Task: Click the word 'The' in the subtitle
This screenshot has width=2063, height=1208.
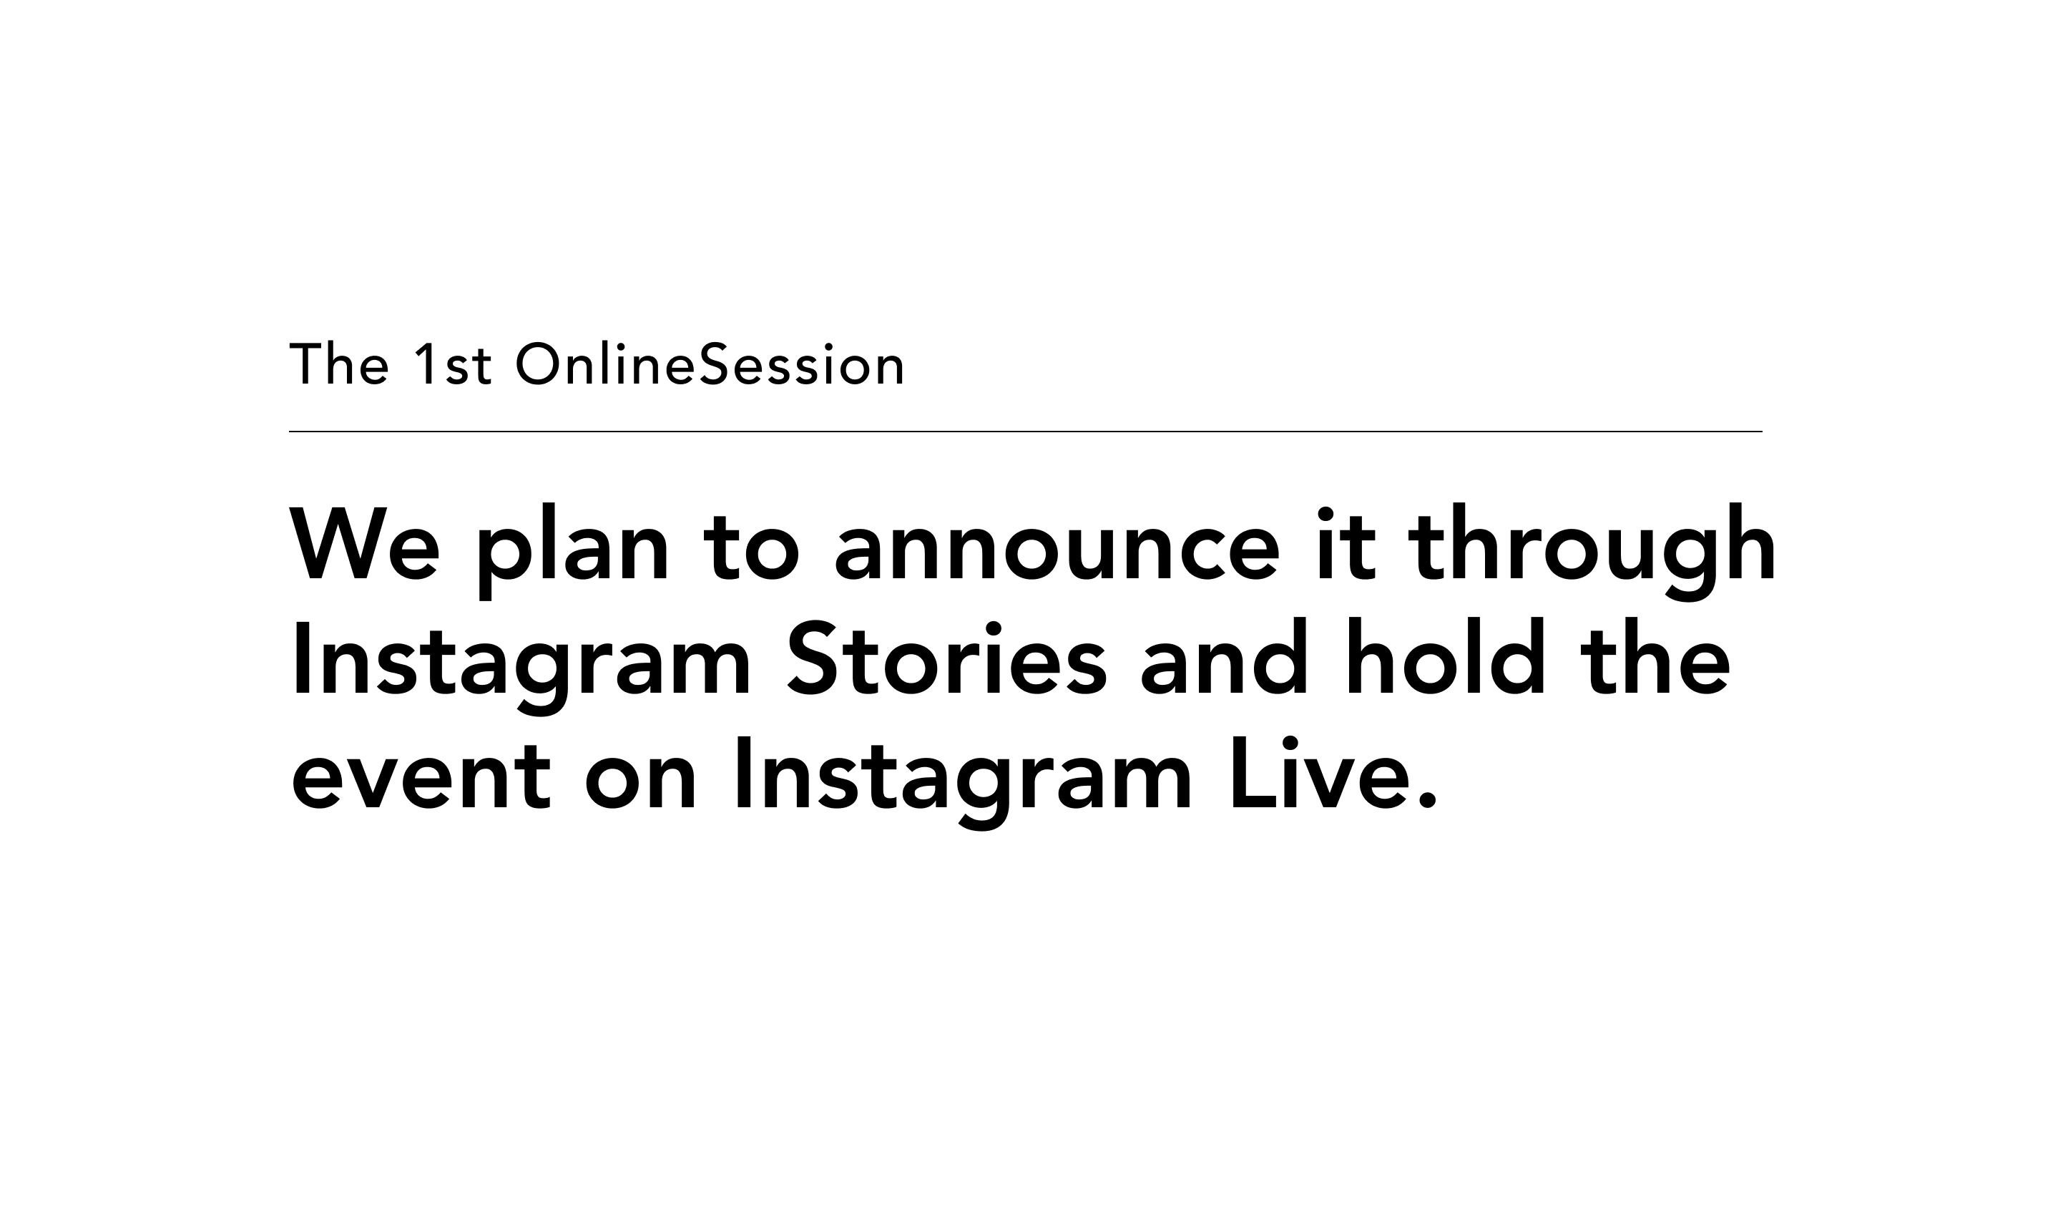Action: point(339,364)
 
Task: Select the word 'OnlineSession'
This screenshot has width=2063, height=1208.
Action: point(710,364)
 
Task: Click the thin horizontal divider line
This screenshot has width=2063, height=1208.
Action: point(1025,432)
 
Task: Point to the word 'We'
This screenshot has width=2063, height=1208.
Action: point(364,544)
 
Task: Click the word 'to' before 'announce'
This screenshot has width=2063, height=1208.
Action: point(750,547)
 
